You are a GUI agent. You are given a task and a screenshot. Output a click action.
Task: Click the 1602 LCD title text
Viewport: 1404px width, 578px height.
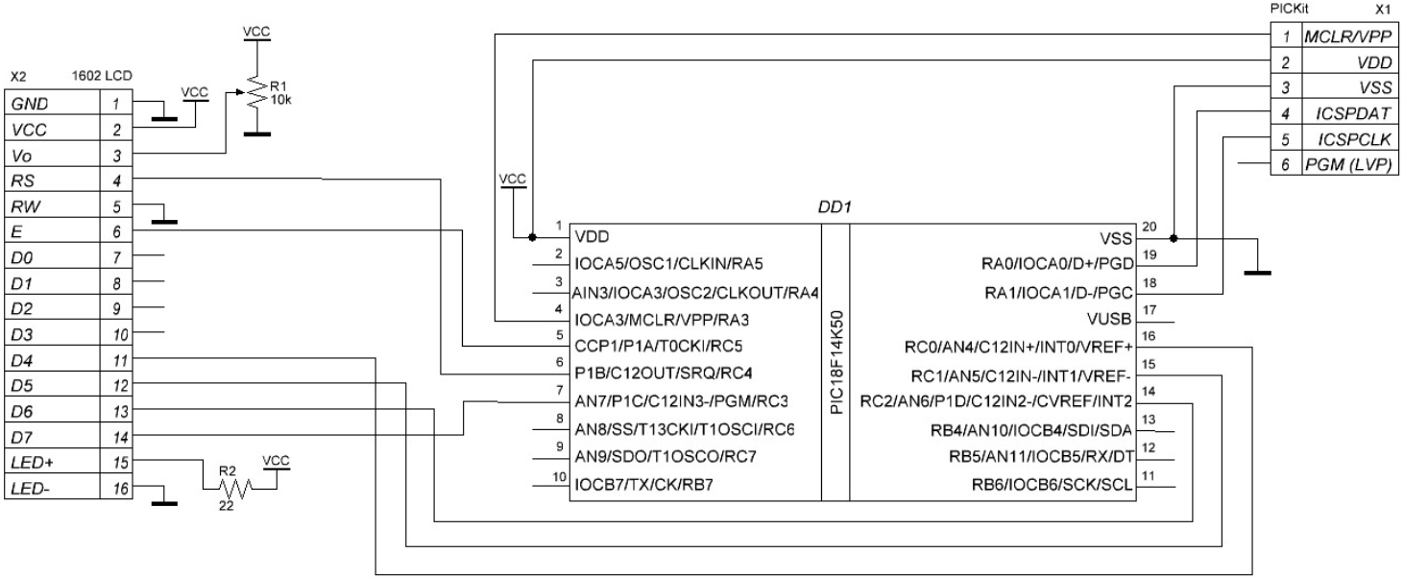coord(102,76)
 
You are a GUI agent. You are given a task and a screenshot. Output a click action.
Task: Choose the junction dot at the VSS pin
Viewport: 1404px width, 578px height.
coord(1174,238)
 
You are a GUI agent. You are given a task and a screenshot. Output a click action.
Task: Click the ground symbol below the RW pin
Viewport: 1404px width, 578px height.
coord(165,221)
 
